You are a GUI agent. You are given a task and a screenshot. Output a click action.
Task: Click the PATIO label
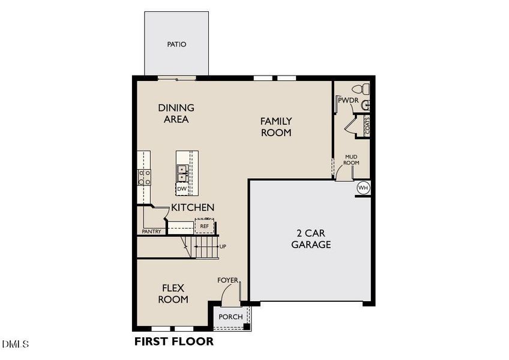point(176,44)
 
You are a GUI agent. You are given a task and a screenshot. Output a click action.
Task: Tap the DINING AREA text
point(176,113)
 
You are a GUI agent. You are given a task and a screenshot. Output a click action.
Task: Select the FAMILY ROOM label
point(276,127)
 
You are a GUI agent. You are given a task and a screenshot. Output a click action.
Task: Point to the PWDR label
point(348,101)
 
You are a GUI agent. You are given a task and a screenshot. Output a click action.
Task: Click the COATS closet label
point(366,125)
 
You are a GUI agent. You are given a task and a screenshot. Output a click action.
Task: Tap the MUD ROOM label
point(351,160)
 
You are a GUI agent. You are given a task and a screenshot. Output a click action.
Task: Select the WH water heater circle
point(363,188)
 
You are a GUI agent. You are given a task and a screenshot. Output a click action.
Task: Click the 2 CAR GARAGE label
point(311,239)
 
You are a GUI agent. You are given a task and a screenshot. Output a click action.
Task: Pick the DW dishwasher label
point(181,188)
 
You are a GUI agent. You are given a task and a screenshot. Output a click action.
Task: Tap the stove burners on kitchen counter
point(145,176)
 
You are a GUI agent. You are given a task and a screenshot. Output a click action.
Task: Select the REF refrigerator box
point(205,226)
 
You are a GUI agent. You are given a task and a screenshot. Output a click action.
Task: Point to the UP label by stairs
point(223,246)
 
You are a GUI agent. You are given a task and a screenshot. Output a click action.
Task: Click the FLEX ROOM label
point(173,293)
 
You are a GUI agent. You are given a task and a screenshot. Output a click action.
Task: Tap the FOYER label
point(228,280)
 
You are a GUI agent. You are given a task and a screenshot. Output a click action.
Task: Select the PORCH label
point(230,317)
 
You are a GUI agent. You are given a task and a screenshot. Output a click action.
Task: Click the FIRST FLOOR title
point(173,342)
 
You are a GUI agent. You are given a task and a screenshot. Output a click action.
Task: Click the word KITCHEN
point(193,208)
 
